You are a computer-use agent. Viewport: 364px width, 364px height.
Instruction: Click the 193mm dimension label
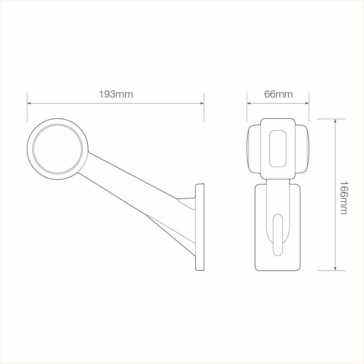tap(116, 95)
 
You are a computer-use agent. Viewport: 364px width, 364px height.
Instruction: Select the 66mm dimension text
tap(278, 95)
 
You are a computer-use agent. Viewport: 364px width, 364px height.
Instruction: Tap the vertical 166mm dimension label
tap(343, 198)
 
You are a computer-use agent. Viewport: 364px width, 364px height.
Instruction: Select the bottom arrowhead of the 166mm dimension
tap(335, 268)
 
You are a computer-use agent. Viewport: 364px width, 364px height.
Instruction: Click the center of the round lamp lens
tap(58, 149)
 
